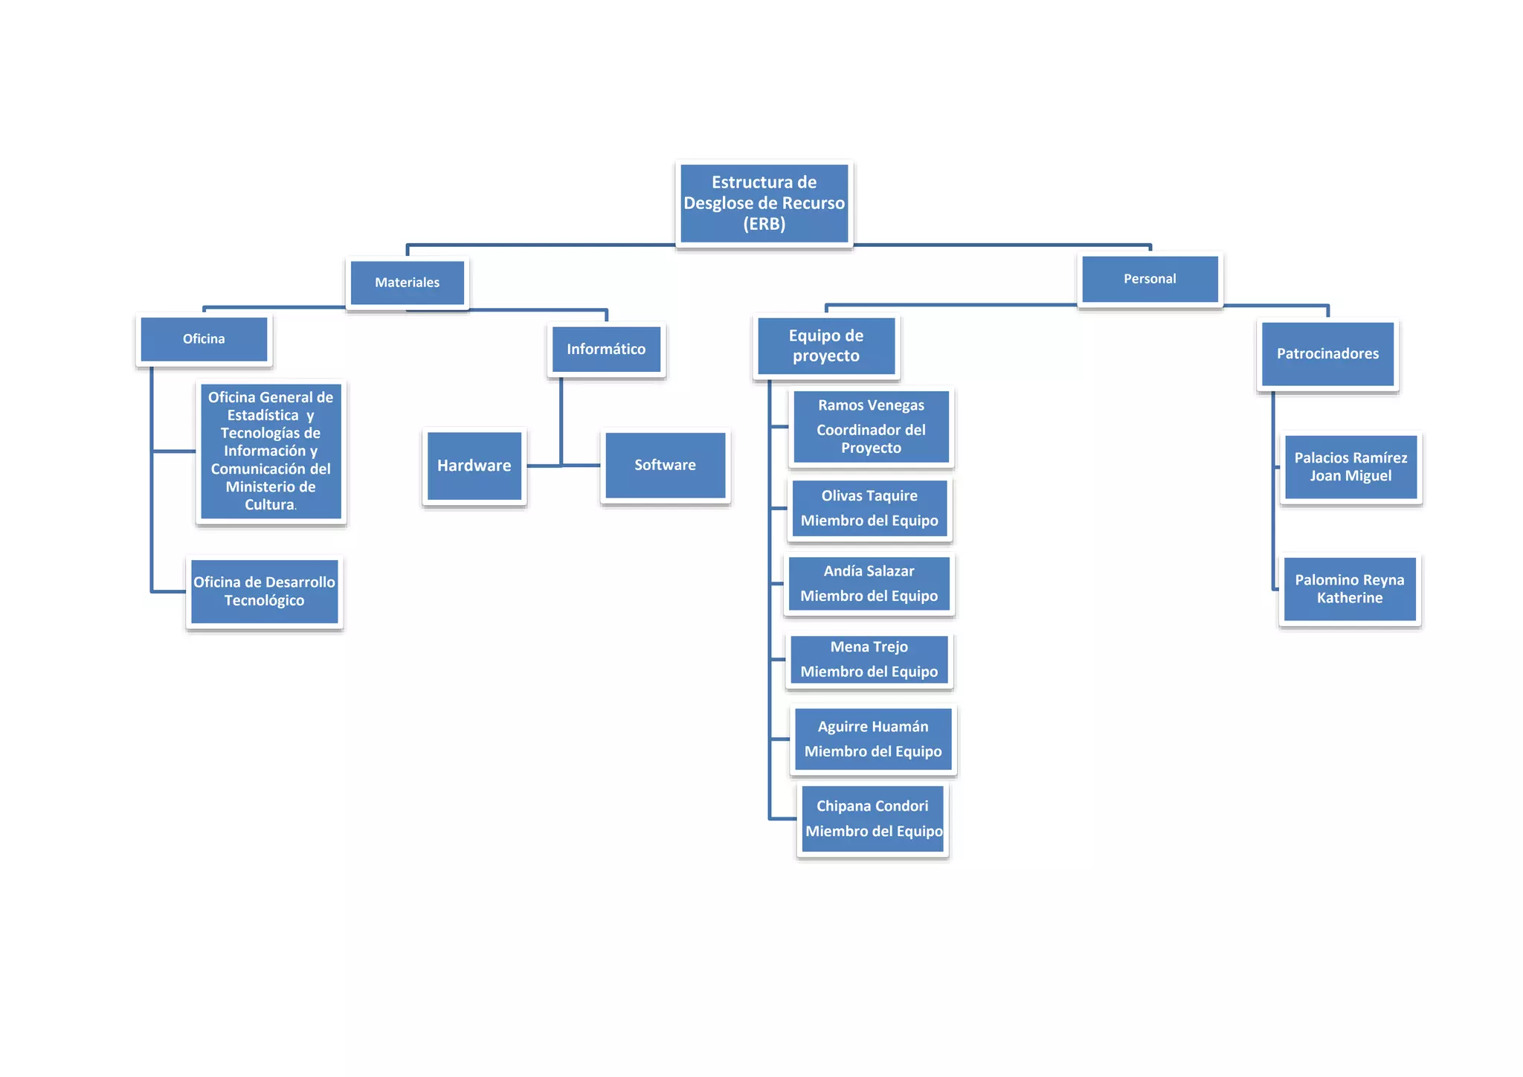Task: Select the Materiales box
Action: click(407, 283)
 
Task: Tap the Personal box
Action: click(1149, 279)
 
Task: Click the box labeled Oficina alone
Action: click(204, 339)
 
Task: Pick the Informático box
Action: click(606, 349)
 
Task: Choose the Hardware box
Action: click(474, 466)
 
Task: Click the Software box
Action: click(665, 465)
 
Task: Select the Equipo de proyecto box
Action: click(825, 346)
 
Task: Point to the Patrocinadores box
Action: click(1327, 354)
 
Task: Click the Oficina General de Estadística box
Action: click(271, 451)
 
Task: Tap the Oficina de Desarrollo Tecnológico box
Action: click(264, 591)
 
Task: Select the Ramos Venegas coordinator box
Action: click(871, 426)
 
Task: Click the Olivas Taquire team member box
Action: click(869, 508)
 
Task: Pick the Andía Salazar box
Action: click(869, 583)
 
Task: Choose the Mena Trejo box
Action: click(869, 659)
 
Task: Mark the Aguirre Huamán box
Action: click(873, 739)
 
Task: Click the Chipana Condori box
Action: click(873, 818)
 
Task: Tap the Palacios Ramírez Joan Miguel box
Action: click(1350, 467)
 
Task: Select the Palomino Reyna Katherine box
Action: click(1350, 589)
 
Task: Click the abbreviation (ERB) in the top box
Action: click(764, 224)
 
